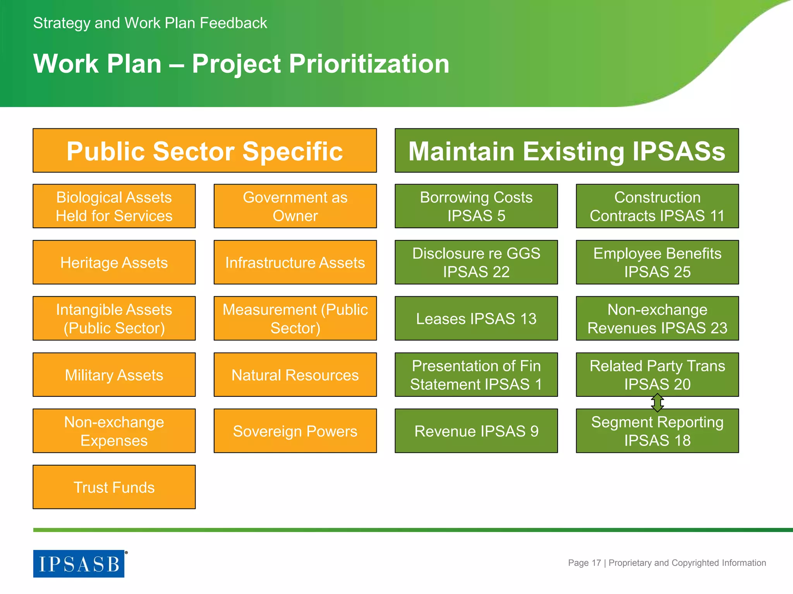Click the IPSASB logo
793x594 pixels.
(x=79, y=563)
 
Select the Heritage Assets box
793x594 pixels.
(x=114, y=263)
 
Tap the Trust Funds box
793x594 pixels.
(x=114, y=487)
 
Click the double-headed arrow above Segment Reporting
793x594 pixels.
(x=657, y=403)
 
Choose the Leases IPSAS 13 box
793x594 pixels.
(x=476, y=319)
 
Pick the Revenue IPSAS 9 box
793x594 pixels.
(x=476, y=431)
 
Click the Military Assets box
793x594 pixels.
(x=114, y=375)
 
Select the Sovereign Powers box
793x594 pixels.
(x=295, y=431)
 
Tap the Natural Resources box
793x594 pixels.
(x=295, y=375)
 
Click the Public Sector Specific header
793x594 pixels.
(x=204, y=150)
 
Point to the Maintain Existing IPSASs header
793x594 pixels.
(x=566, y=150)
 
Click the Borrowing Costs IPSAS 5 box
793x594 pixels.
(x=476, y=206)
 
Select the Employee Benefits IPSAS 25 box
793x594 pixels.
(x=657, y=263)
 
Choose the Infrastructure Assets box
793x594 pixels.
(x=295, y=263)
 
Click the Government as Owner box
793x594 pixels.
(x=295, y=206)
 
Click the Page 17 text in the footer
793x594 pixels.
(x=584, y=563)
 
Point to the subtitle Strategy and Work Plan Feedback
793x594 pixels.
(x=150, y=23)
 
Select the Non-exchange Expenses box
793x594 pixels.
(x=114, y=431)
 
